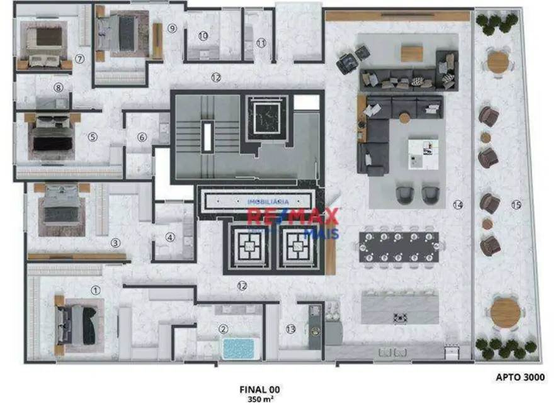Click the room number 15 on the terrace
[x=516, y=204]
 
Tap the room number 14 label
[x=457, y=204]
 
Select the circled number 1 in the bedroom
[x=96, y=290]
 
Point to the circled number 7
[x=79, y=59]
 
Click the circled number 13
[x=290, y=328]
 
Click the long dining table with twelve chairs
[x=399, y=246]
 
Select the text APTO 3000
[x=520, y=378]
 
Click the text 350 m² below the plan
[x=259, y=398]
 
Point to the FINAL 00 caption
[x=259, y=389]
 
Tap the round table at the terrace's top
[x=498, y=62]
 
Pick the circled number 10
[x=203, y=36]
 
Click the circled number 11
[x=261, y=43]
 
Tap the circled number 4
[x=170, y=238]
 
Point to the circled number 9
[x=172, y=28]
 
